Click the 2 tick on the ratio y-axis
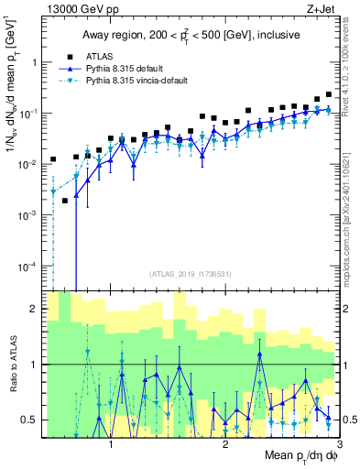point(36,309)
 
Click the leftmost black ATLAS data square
point(53,159)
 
